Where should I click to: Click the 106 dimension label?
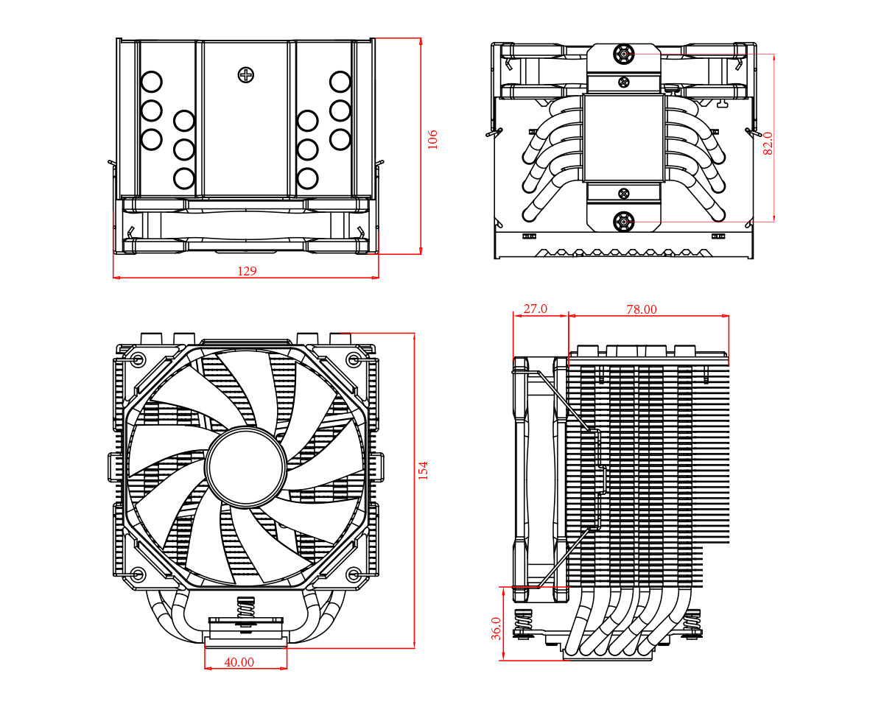[x=432, y=138]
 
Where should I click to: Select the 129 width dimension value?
[x=247, y=271]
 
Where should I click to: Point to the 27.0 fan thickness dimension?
[x=535, y=309]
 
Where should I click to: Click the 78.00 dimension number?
[x=641, y=309]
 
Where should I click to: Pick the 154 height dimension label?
[x=423, y=470]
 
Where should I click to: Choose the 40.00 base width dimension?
[x=239, y=663]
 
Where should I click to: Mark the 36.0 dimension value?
[x=496, y=628]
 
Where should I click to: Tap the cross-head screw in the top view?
[x=246, y=74]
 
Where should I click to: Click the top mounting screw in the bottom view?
[x=624, y=54]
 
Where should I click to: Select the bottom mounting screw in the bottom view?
[x=624, y=220]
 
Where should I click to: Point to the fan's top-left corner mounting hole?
[x=138, y=360]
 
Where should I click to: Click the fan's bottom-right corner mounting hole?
[x=354, y=574]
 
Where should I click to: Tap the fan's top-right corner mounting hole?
[x=354, y=360]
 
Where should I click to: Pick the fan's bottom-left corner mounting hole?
[x=138, y=574]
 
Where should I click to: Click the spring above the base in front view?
[x=245, y=611]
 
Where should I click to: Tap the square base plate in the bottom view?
[x=623, y=138]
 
